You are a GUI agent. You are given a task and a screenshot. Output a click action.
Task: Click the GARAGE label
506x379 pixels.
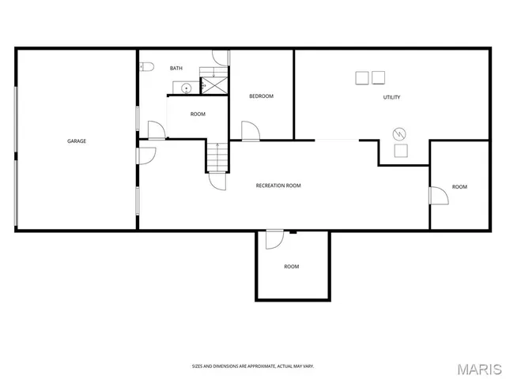(x=77, y=141)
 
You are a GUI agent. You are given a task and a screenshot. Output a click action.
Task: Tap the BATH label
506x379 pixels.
(x=176, y=69)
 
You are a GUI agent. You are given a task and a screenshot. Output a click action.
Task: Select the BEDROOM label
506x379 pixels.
(x=261, y=96)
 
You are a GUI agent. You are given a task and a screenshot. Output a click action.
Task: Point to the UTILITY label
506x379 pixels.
(x=391, y=98)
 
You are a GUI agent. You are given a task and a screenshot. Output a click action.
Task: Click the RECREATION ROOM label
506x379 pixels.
(x=278, y=186)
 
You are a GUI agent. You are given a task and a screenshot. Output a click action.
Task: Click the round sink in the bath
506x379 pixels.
(x=187, y=88)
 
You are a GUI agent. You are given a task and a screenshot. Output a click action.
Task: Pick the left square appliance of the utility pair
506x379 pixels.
(x=362, y=77)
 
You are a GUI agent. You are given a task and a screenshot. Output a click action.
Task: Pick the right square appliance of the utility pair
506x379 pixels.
(x=379, y=77)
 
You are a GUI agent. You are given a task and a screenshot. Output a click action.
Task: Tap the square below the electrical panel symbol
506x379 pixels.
(x=401, y=150)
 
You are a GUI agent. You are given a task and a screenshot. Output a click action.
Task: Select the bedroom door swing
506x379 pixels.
(x=249, y=131)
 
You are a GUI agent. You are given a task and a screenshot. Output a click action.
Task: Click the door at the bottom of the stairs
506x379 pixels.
(x=216, y=181)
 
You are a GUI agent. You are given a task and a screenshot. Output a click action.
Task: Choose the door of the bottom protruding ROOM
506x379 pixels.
(x=274, y=238)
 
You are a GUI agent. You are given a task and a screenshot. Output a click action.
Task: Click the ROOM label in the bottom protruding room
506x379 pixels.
(x=292, y=267)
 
